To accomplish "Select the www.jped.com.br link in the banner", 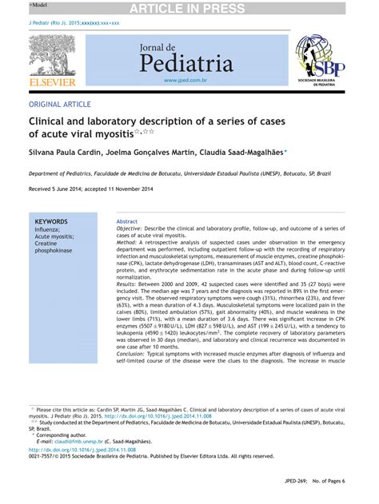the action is coord(186,81).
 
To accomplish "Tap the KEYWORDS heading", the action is coord(51,221).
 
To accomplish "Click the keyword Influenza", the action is coord(47,229).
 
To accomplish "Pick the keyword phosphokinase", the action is coord(53,251).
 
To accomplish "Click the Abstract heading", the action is coord(127,221).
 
